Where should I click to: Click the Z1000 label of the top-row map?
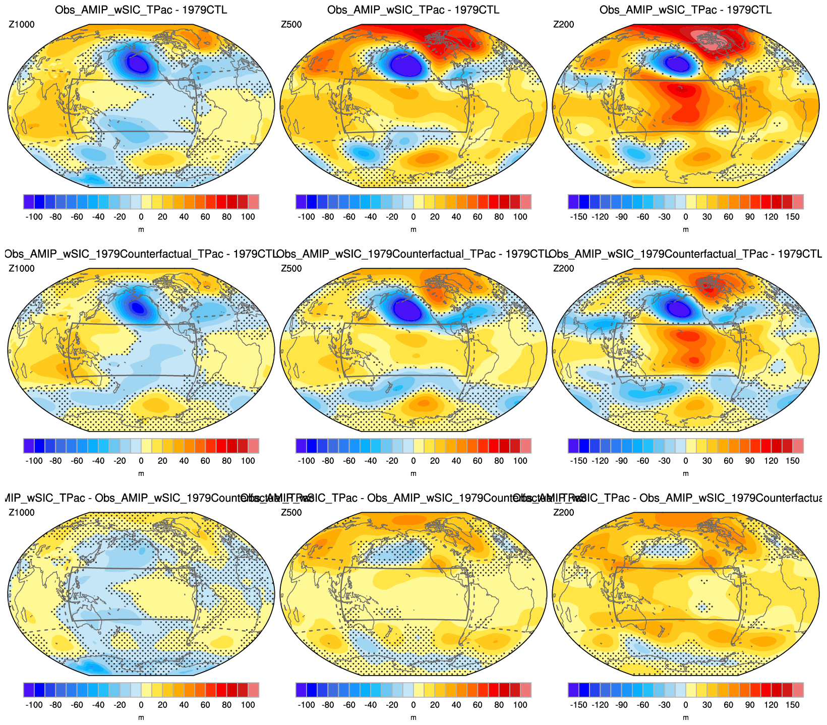(22, 24)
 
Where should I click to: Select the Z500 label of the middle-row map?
(291, 268)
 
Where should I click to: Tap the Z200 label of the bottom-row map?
(564, 512)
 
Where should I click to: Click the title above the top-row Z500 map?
(413, 10)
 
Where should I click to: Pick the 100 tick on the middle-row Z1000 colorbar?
(248, 461)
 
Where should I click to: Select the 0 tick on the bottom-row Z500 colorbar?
(413, 705)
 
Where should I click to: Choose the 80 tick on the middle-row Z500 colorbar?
(499, 461)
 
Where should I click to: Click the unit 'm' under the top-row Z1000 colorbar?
(141, 229)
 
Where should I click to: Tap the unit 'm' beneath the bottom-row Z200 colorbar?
(686, 717)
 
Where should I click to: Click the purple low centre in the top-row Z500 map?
(406, 65)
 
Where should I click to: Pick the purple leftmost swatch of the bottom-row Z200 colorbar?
(573, 690)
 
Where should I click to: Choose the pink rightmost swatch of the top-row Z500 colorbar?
(526, 202)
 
